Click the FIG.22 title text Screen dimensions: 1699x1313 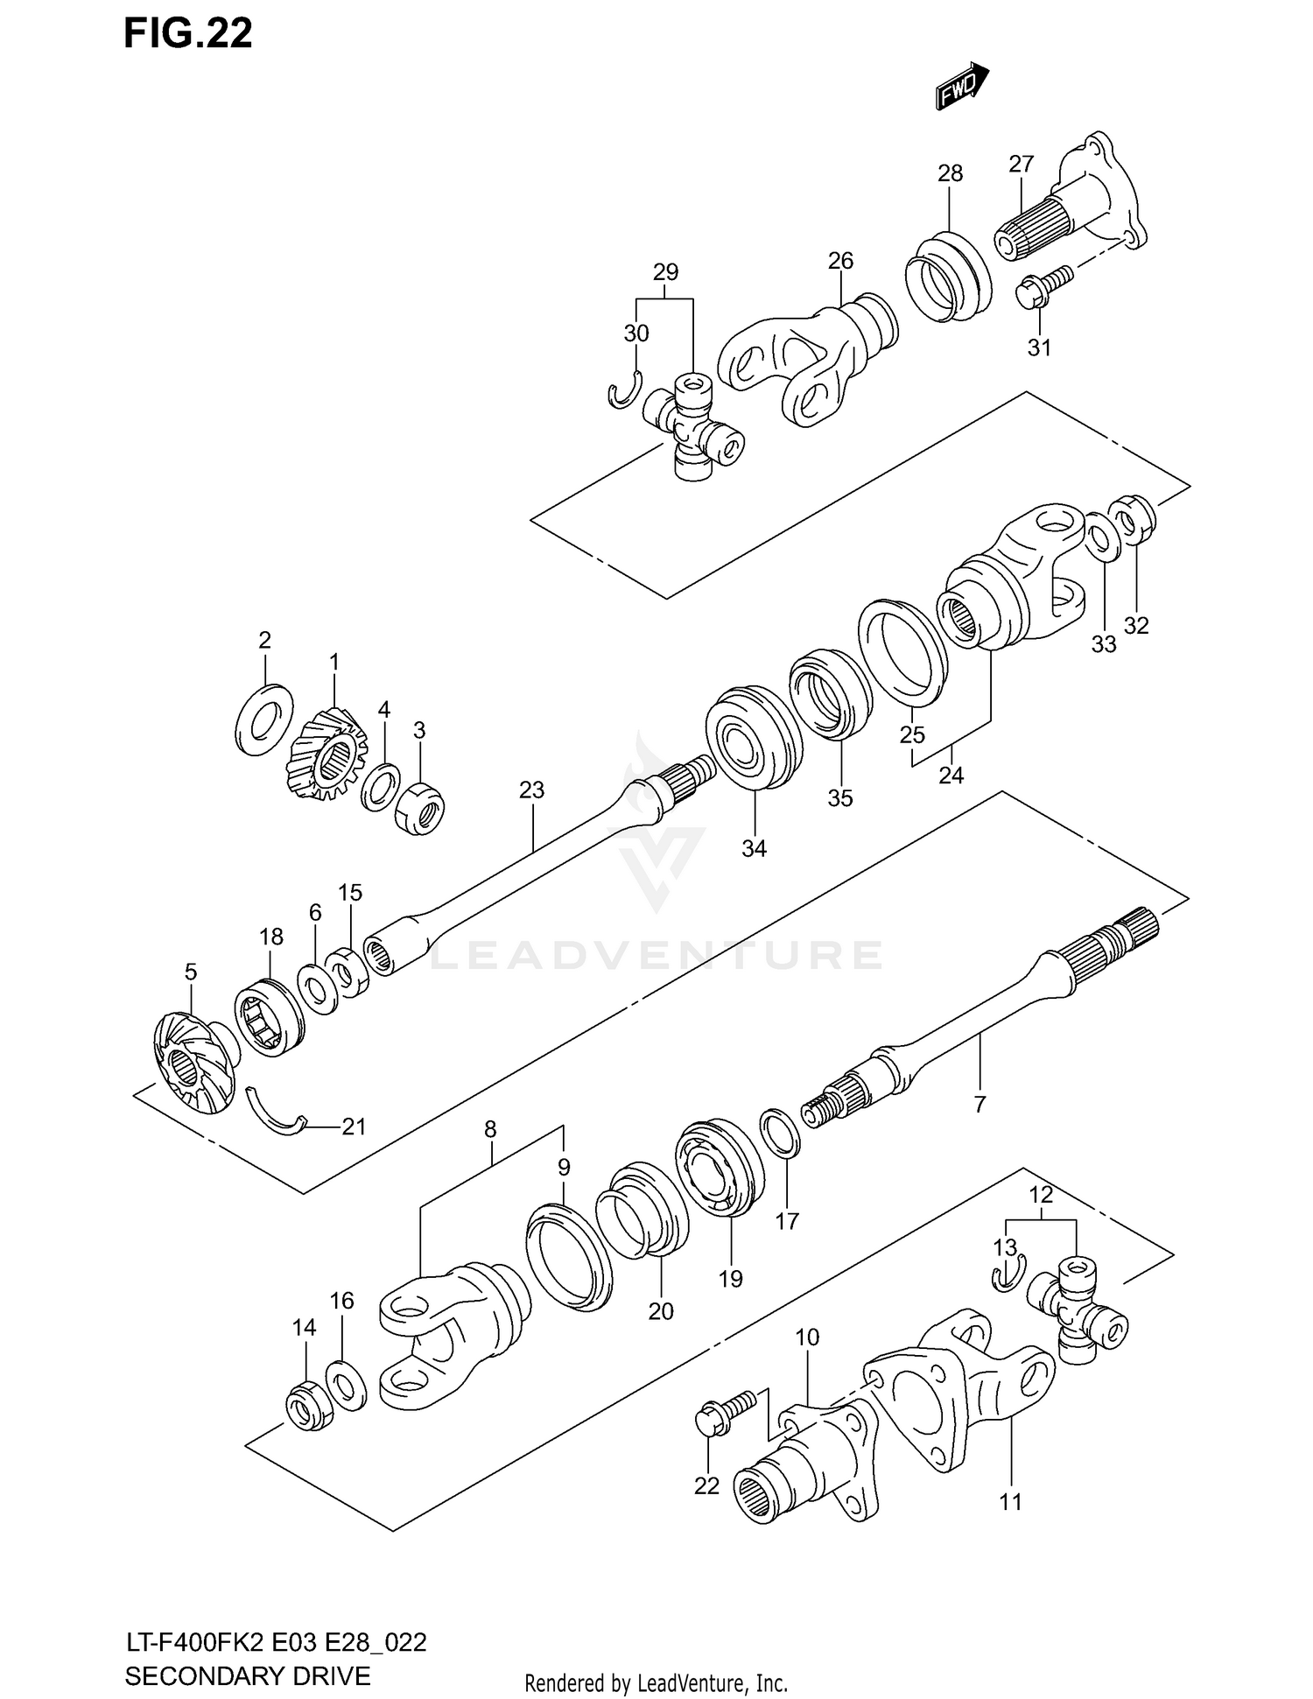pos(187,33)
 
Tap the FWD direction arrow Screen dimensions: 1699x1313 pos(962,87)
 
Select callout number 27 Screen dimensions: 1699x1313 pos(1021,164)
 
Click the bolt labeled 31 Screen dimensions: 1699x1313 pos(1043,288)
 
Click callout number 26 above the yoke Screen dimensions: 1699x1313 pos(840,260)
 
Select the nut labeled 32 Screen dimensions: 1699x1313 pos(1133,520)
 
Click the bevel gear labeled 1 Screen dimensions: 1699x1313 pos(326,755)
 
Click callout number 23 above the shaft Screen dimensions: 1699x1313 pos(531,790)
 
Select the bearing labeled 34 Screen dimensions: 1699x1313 pos(754,737)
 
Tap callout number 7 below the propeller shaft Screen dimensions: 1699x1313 pos(979,1104)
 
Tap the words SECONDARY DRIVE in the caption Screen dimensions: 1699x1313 pos(248,1675)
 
